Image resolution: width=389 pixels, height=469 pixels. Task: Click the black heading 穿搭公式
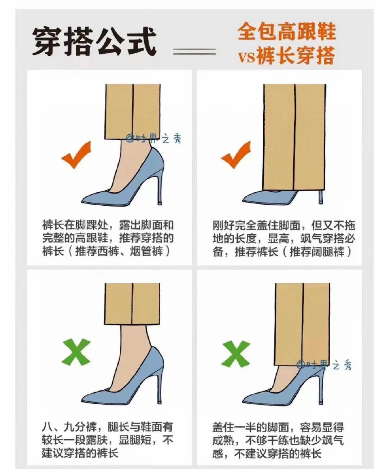point(94,42)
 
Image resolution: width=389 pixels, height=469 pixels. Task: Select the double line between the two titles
point(194,52)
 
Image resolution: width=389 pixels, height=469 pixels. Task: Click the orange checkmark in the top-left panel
point(76,155)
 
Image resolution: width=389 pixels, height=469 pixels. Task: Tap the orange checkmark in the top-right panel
point(236,155)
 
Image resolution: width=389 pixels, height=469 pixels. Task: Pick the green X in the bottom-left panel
point(76,352)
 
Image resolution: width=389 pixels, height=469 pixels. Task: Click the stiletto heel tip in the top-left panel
point(160,203)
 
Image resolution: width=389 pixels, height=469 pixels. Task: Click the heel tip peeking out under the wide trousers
point(321,198)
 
